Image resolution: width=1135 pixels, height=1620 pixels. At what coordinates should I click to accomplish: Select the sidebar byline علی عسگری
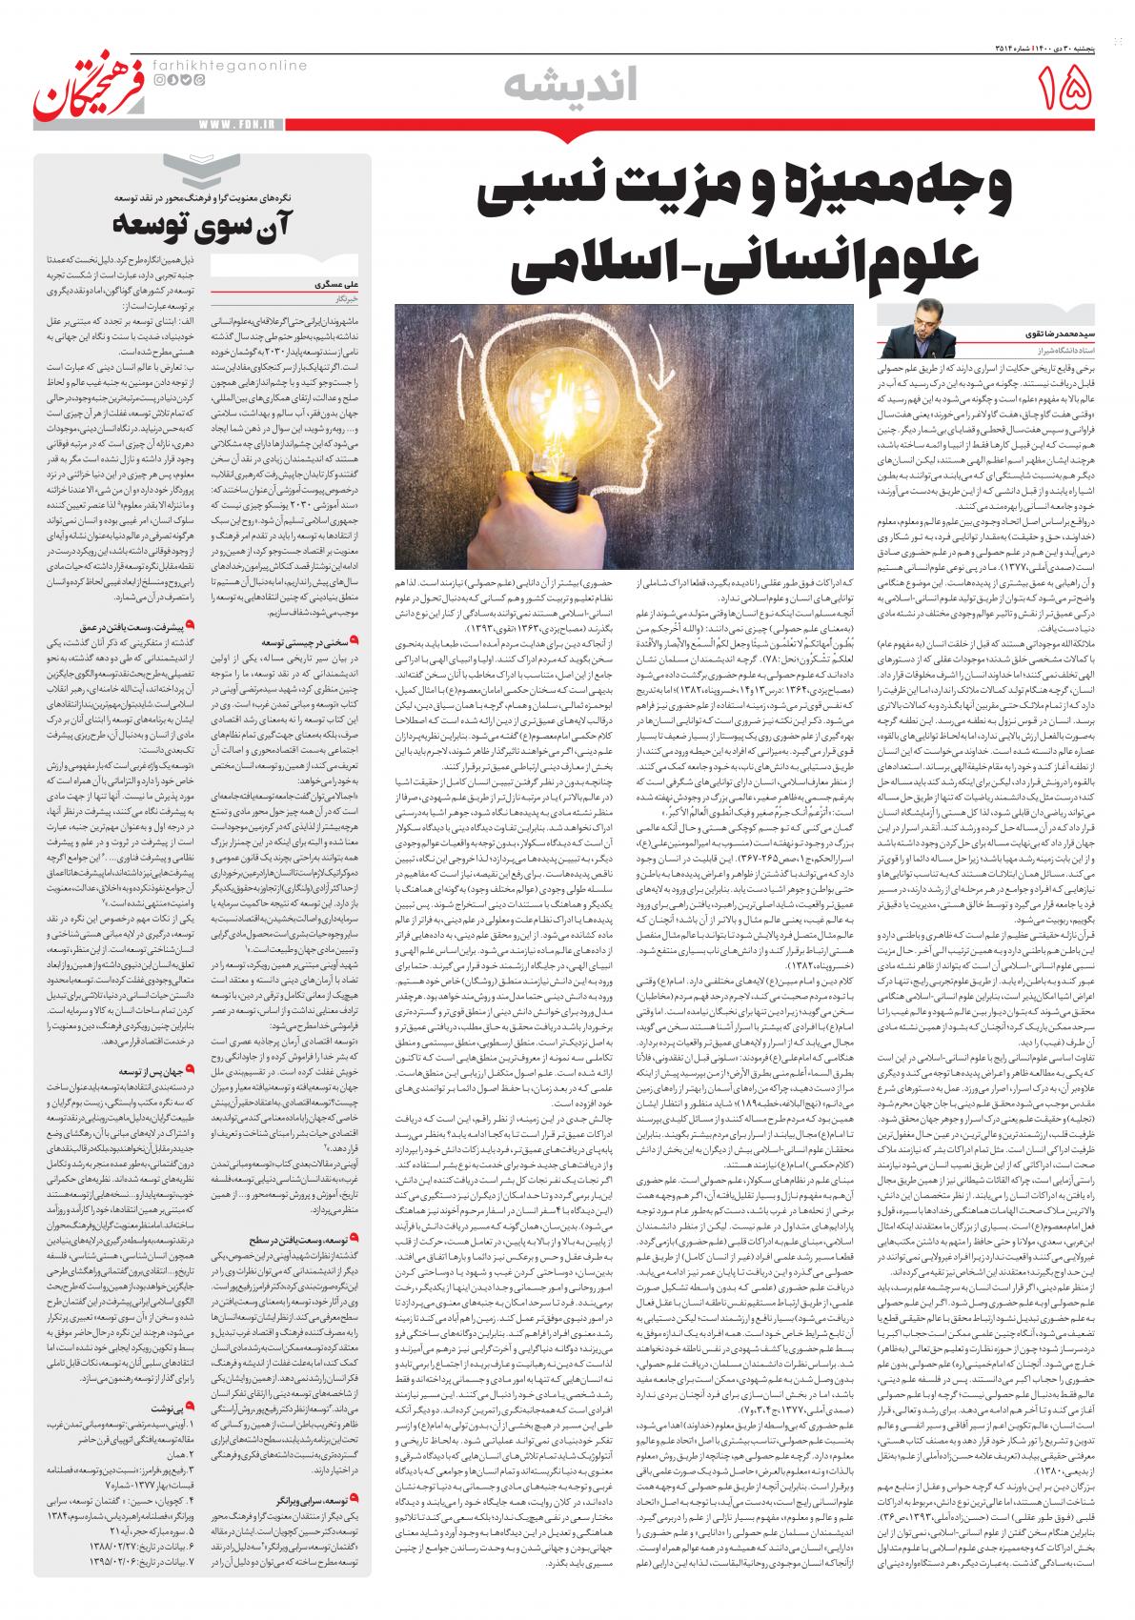(330, 284)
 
